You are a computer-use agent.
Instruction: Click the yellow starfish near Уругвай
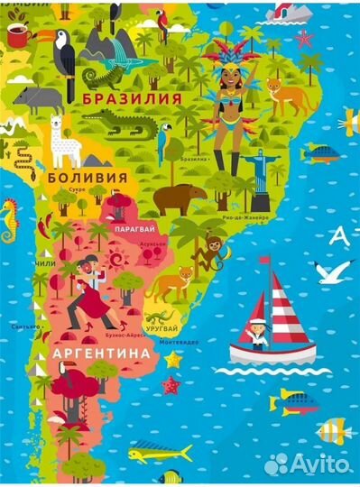[172, 359]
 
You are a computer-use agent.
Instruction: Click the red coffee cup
[18, 35]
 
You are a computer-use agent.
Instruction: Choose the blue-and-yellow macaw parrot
[166, 143]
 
